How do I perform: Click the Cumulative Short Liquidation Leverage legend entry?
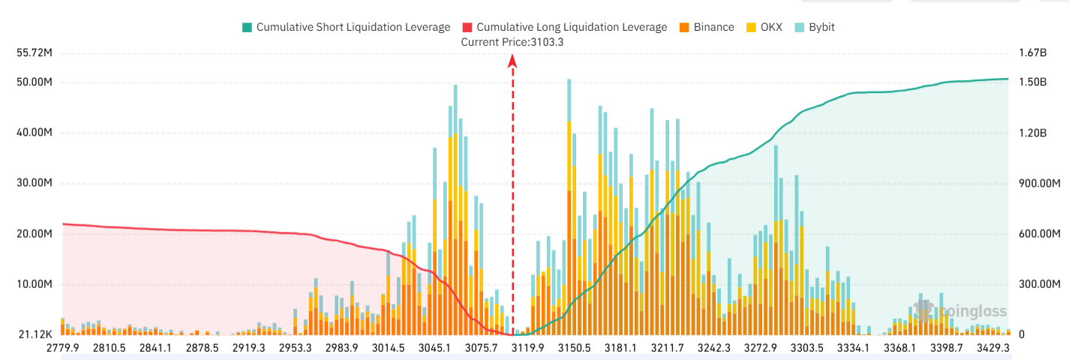click(346, 27)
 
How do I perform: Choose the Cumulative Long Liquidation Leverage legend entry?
click(564, 27)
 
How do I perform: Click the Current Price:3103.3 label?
click(512, 42)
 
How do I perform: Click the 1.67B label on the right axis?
click(1032, 53)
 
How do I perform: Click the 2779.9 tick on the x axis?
click(62, 348)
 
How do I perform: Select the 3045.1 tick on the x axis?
click(434, 348)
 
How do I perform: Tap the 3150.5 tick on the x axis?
click(574, 348)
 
